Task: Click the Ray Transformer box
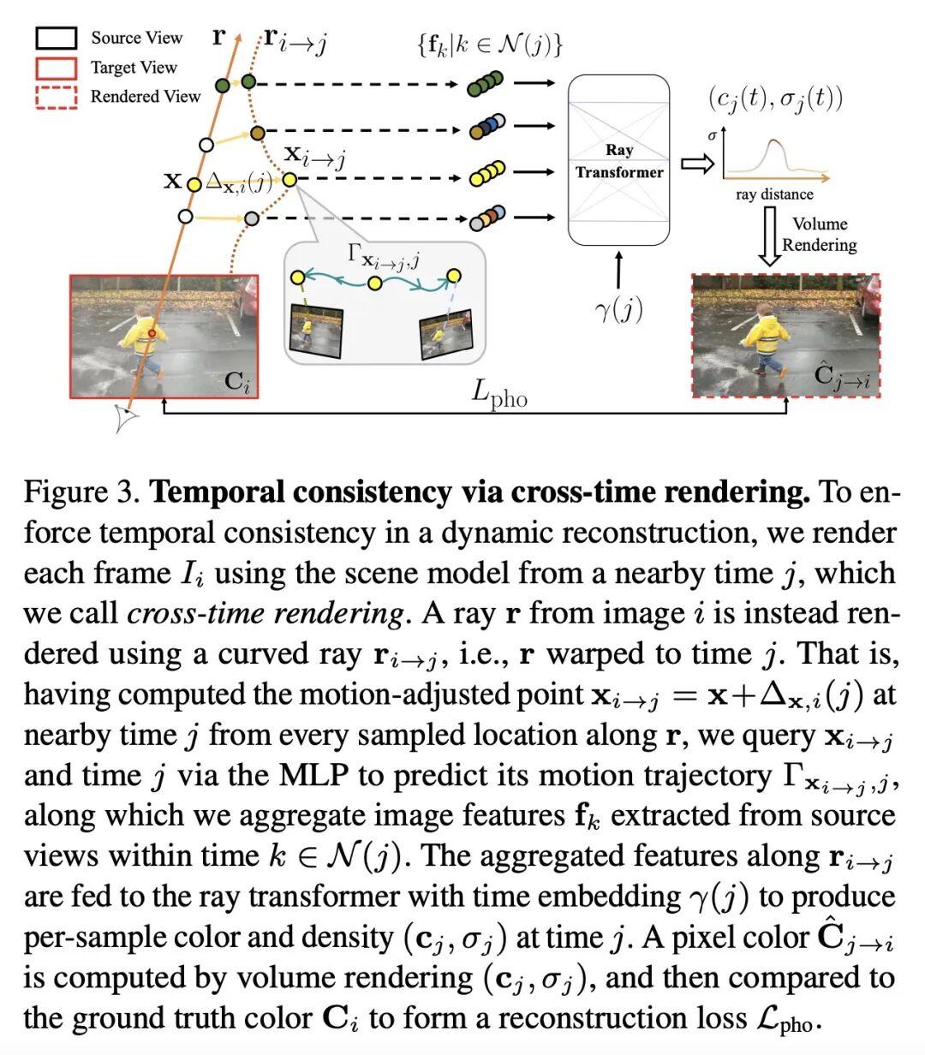618,161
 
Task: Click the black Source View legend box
56,38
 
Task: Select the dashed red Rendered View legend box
56,96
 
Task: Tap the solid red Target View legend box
56,67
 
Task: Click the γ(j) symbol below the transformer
618,307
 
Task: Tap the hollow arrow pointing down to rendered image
769,235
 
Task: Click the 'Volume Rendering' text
820,234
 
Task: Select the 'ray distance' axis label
774,194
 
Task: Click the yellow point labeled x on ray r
194,183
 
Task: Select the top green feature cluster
485,84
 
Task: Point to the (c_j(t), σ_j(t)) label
775,98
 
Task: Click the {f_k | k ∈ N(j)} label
489,43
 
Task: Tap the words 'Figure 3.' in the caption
81,492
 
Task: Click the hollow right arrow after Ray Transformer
697,164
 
